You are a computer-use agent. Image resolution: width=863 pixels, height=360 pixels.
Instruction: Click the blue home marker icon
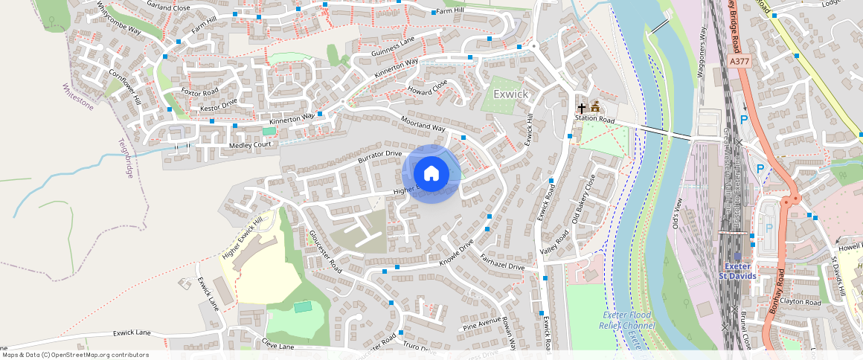click(x=431, y=174)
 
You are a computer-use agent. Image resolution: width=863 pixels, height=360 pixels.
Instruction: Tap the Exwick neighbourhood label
click(x=510, y=94)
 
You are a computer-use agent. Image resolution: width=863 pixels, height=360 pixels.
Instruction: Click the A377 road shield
click(x=740, y=61)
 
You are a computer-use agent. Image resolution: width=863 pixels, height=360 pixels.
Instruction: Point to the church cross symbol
click(x=582, y=109)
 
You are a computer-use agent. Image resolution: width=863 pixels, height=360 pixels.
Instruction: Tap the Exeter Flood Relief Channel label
click(x=627, y=320)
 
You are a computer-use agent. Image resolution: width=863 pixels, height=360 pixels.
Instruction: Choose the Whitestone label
click(x=77, y=97)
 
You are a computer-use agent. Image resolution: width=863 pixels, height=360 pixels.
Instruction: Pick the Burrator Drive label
click(x=379, y=157)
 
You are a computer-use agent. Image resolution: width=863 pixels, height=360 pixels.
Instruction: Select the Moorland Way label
click(x=423, y=123)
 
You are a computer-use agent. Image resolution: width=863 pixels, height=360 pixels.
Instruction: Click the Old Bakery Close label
click(x=584, y=199)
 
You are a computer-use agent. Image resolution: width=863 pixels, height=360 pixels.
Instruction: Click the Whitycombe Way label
click(x=119, y=18)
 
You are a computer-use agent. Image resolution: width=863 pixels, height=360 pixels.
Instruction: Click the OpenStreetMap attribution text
click(x=74, y=355)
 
